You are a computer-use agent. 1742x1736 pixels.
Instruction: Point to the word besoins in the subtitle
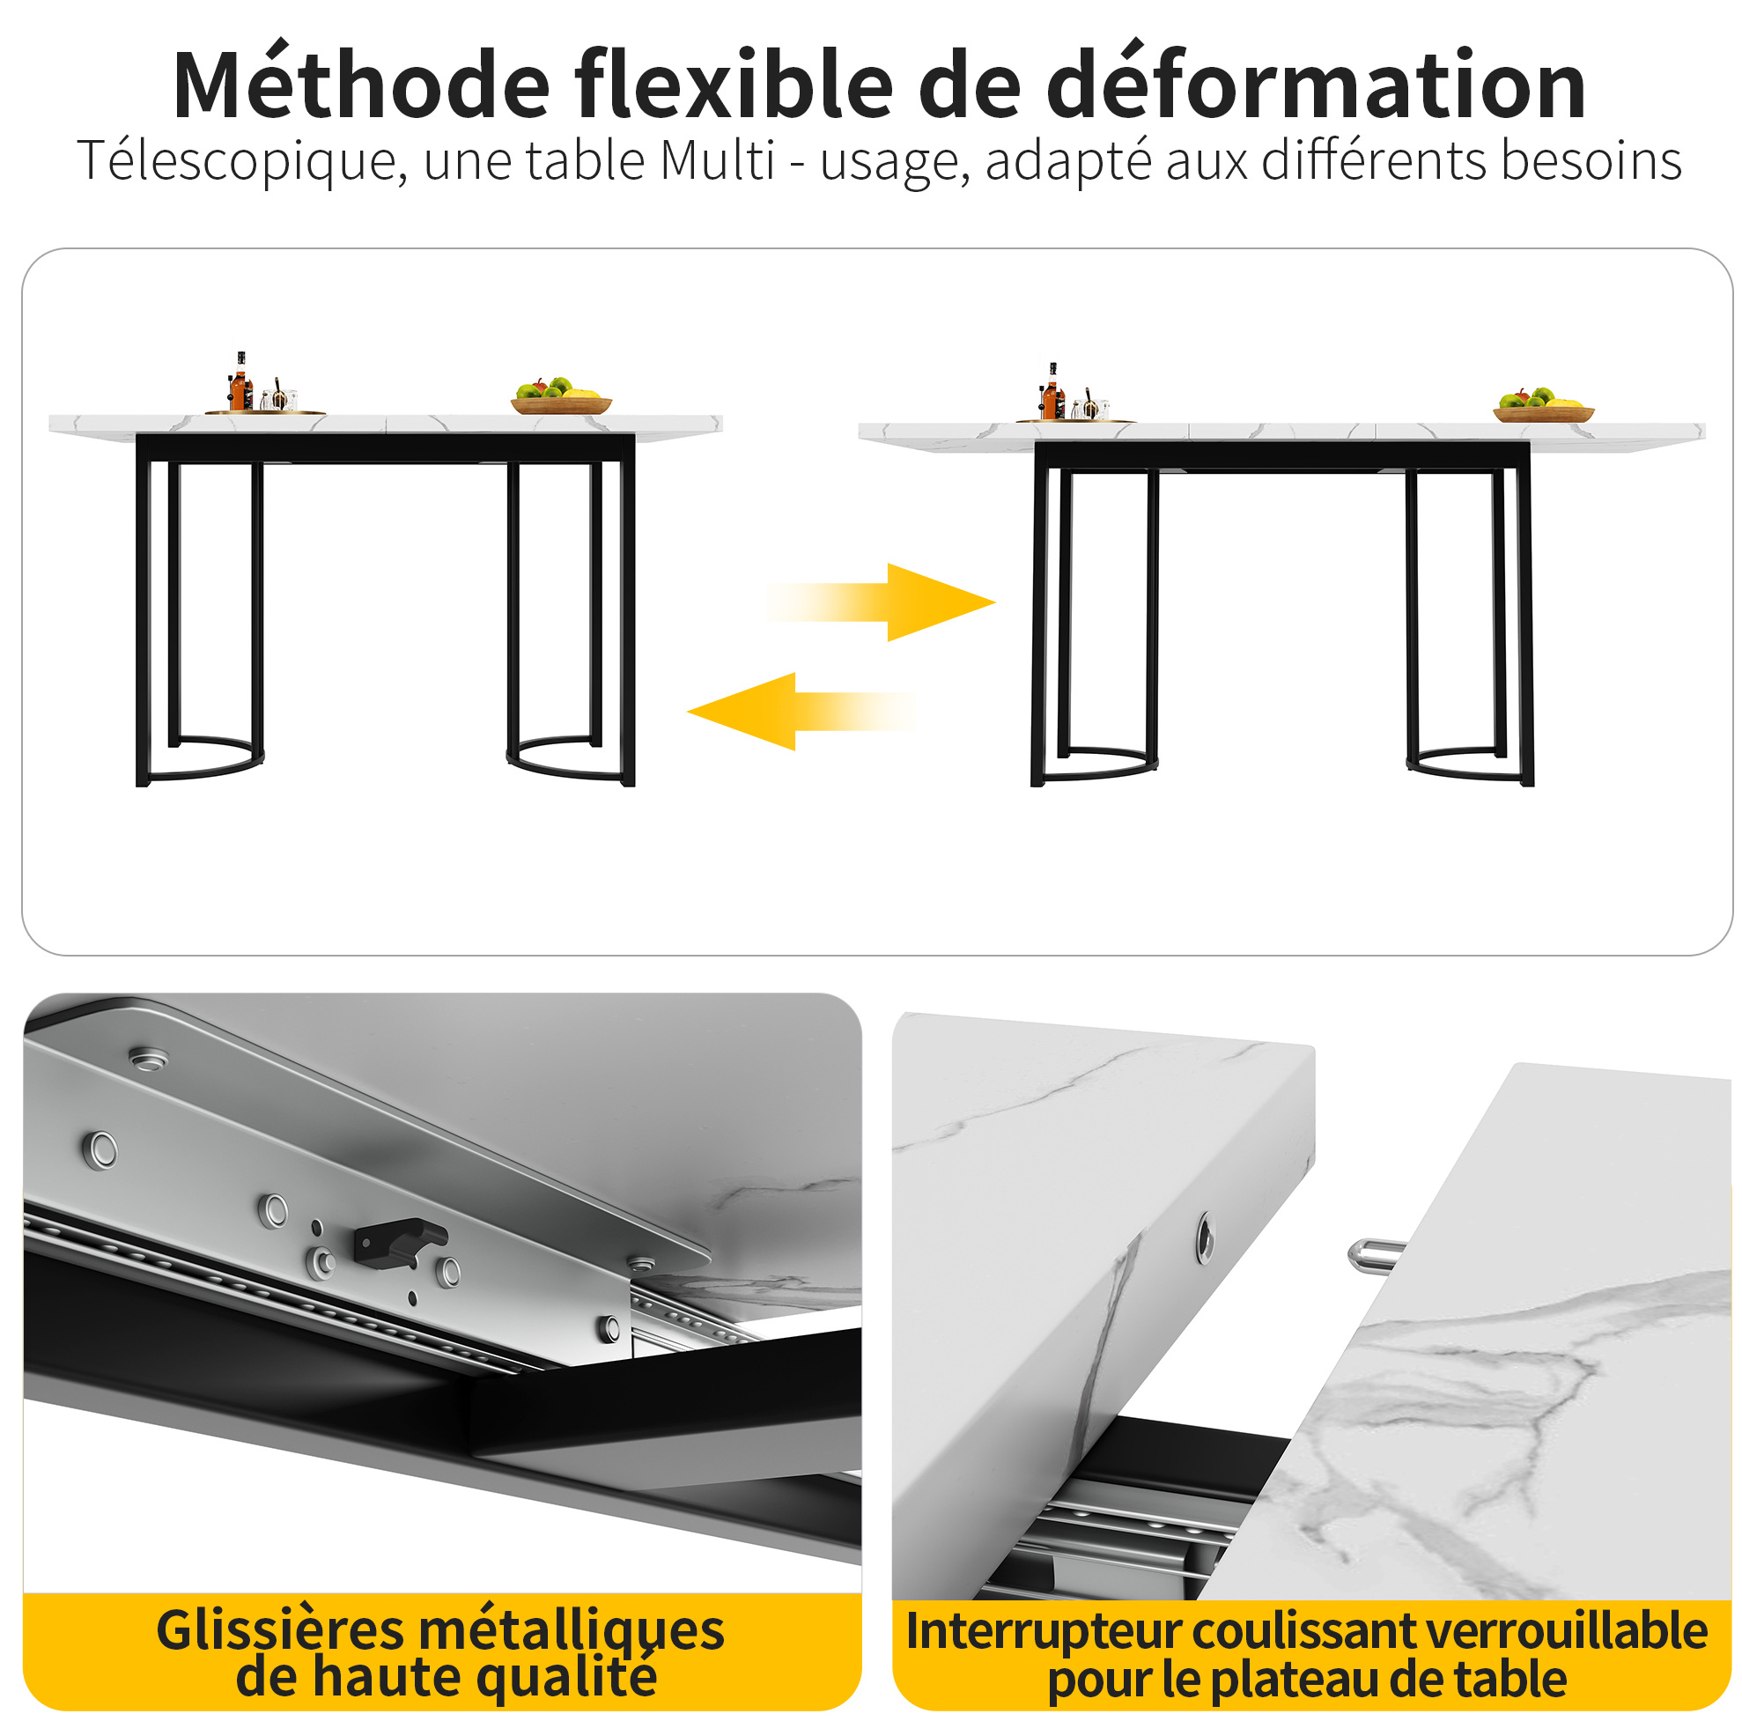pos(1591,160)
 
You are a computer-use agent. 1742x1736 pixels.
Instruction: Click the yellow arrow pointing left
pos(801,712)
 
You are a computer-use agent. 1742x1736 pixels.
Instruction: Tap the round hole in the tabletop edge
pos(1205,1236)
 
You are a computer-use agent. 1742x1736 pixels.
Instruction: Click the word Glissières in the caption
pos(280,1630)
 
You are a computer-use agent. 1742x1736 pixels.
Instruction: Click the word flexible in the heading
pos(733,83)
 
